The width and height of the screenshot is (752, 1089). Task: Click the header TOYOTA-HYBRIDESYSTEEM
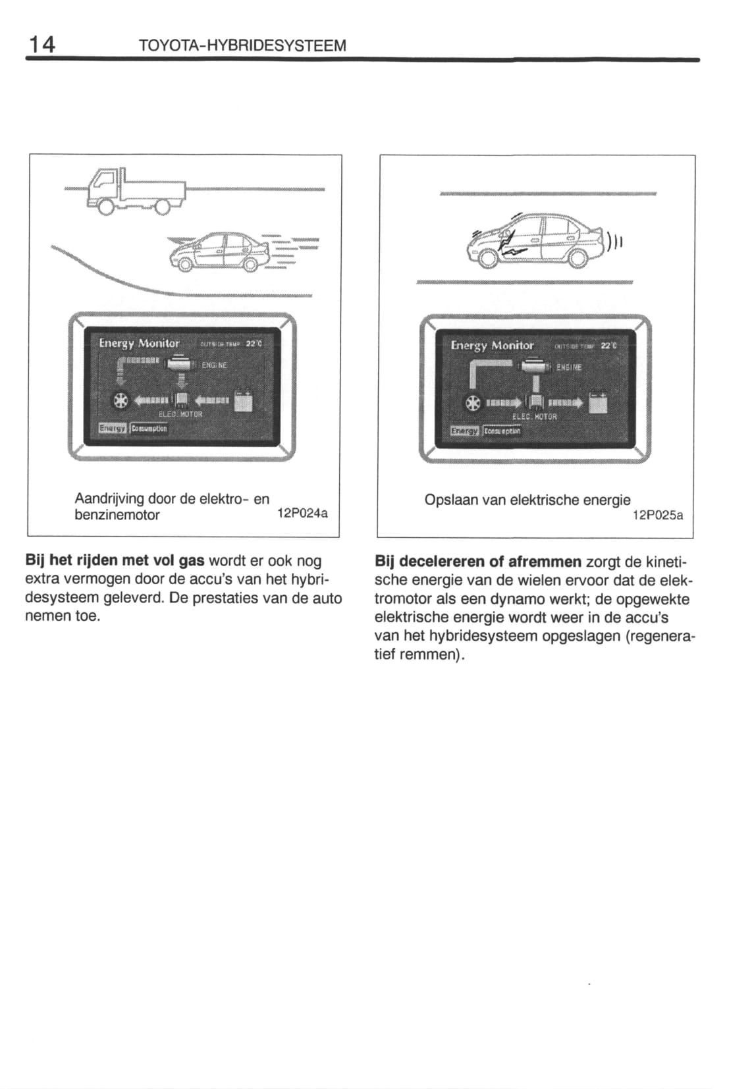[x=242, y=46]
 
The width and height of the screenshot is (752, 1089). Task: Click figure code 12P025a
[x=657, y=516]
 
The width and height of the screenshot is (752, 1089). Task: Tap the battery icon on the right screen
[x=599, y=402]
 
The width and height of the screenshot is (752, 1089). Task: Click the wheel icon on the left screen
[x=120, y=400]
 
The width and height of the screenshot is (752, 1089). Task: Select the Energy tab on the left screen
[x=112, y=428]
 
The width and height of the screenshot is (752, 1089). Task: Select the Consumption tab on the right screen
[x=502, y=431]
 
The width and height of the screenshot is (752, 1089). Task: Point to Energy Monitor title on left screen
[x=139, y=343]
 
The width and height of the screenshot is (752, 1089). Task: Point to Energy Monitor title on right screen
[x=492, y=345]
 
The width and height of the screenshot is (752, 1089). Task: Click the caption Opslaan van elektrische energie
[x=527, y=500]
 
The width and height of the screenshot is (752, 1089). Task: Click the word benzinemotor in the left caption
[x=117, y=515]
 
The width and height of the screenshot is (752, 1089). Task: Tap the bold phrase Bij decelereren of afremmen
[x=478, y=562]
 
